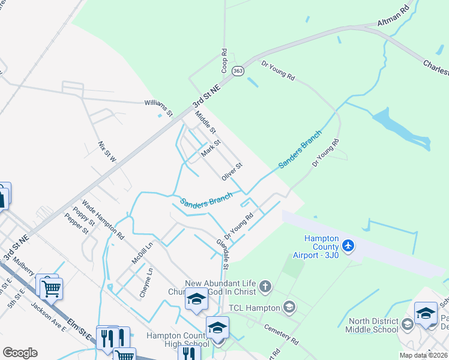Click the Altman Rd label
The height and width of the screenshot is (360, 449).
[x=393, y=25]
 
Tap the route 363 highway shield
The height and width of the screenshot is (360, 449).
[x=239, y=70]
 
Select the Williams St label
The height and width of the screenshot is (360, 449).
[x=158, y=107]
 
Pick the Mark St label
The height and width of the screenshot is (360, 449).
[x=211, y=148]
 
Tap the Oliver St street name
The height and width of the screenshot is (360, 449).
[x=231, y=170]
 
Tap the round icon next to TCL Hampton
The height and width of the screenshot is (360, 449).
[x=289, y=308]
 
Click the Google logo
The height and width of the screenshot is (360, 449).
[x=20, y=352]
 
